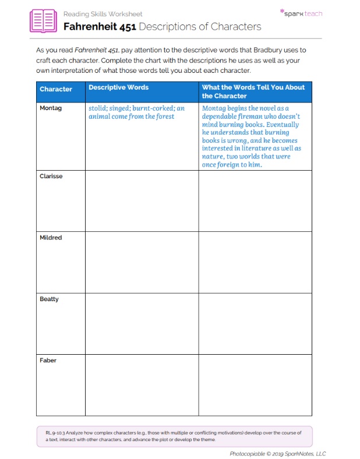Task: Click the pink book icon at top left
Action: point(43,21)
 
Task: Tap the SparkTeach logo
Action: point(301,13)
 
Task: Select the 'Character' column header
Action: point(56,89)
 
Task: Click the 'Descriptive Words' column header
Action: point(118,87)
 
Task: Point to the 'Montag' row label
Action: point(51,108)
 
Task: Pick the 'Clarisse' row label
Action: point(51,176)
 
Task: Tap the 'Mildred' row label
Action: point(51,238)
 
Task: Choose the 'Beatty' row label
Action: point(50,299)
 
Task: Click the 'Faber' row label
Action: point(48,360)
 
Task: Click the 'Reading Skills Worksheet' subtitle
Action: point(103,14)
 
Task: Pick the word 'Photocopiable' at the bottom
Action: point(249,453)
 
